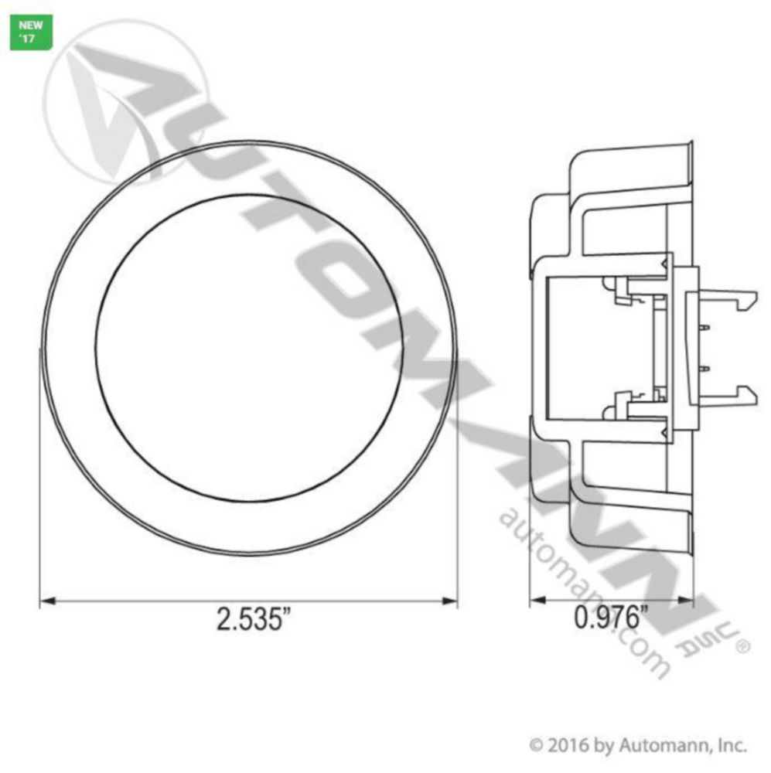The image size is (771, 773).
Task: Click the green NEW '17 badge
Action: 31,32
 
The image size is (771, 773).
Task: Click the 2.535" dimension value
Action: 254,618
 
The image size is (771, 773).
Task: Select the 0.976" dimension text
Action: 611,616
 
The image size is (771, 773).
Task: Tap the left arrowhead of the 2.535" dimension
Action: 47,601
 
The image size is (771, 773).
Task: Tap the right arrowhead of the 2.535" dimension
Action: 450,601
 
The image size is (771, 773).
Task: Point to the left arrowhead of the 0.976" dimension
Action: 537,600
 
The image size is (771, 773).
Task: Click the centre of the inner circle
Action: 250,348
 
